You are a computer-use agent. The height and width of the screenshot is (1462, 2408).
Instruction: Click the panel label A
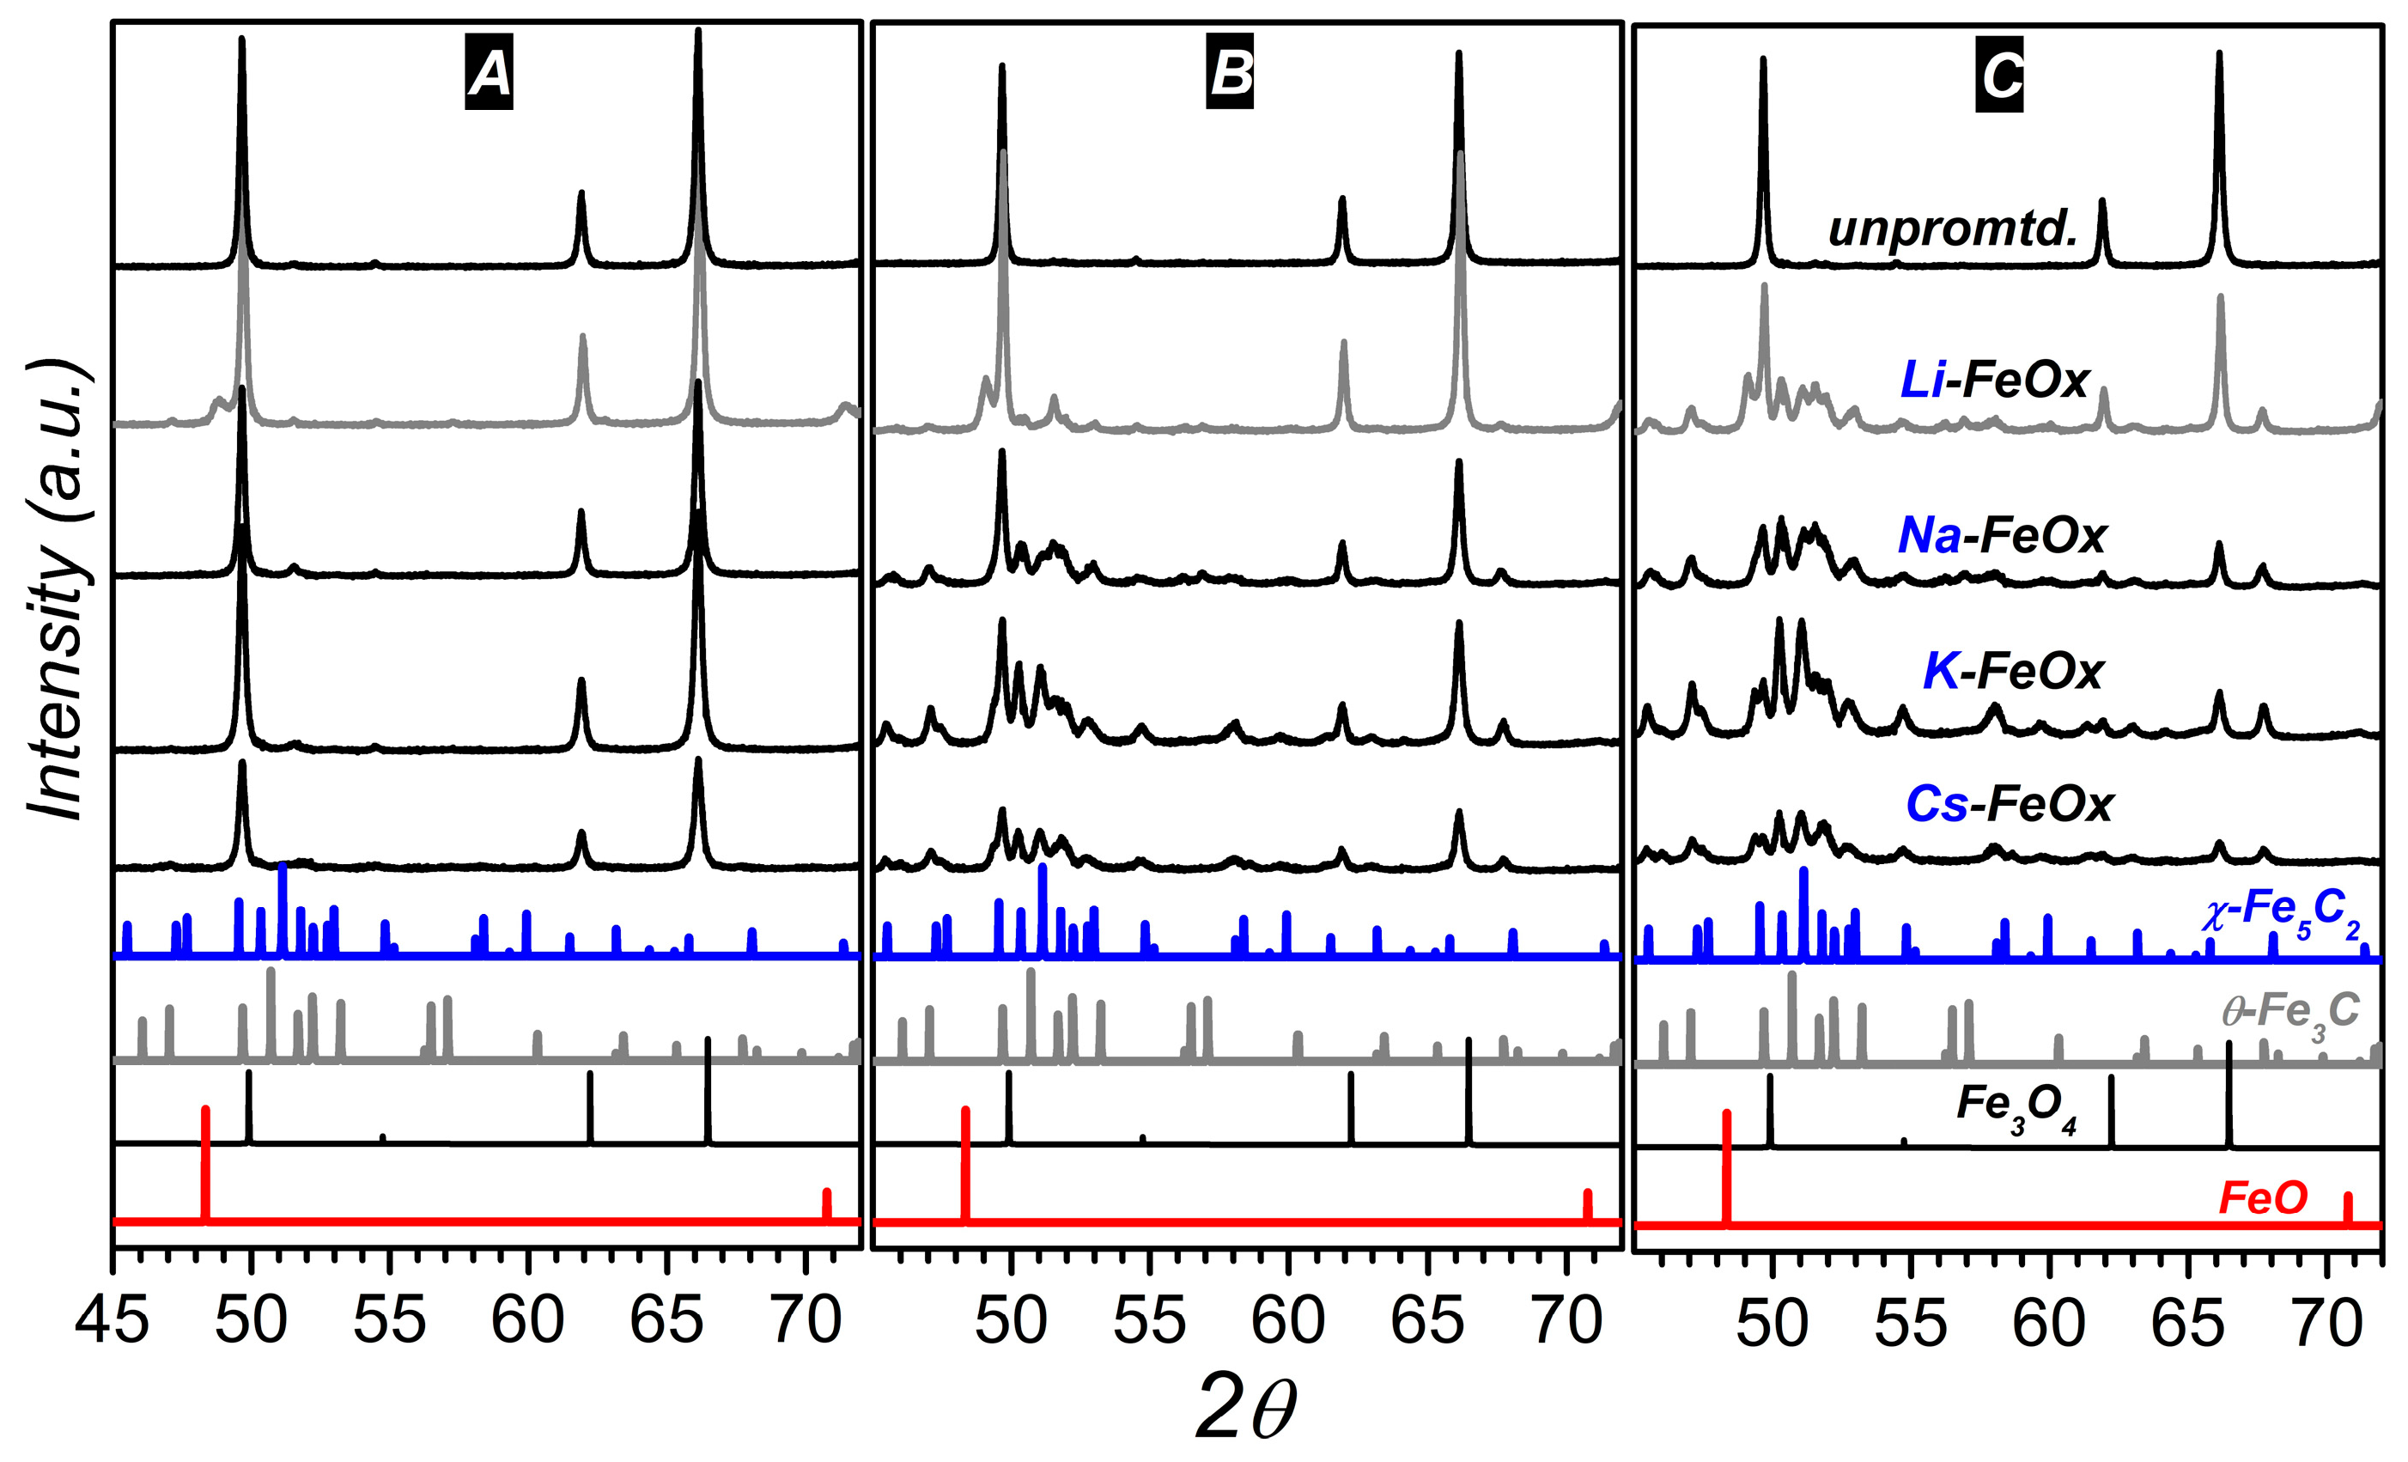coord(489,73)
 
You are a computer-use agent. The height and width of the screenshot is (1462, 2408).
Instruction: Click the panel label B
coord(1230,73)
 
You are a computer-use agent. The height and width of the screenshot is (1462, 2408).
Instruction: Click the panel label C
coord(1999,74)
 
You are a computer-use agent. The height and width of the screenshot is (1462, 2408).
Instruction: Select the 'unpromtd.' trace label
coord(1953,228)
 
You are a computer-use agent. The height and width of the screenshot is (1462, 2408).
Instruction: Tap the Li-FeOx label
coord(1993,379)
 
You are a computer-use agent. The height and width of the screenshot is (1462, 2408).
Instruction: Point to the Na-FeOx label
coord(2002,534)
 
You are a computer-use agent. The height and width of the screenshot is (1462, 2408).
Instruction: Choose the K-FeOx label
coord(2012,670)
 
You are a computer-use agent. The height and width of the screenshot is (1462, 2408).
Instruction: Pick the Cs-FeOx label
coord(2010,804)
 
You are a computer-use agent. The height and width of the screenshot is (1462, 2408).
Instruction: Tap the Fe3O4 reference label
coord(2016,1107)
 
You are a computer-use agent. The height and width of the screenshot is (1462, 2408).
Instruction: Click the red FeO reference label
coord(2262,1197)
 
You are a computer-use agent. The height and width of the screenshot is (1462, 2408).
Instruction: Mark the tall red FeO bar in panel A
coord(205,1163)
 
